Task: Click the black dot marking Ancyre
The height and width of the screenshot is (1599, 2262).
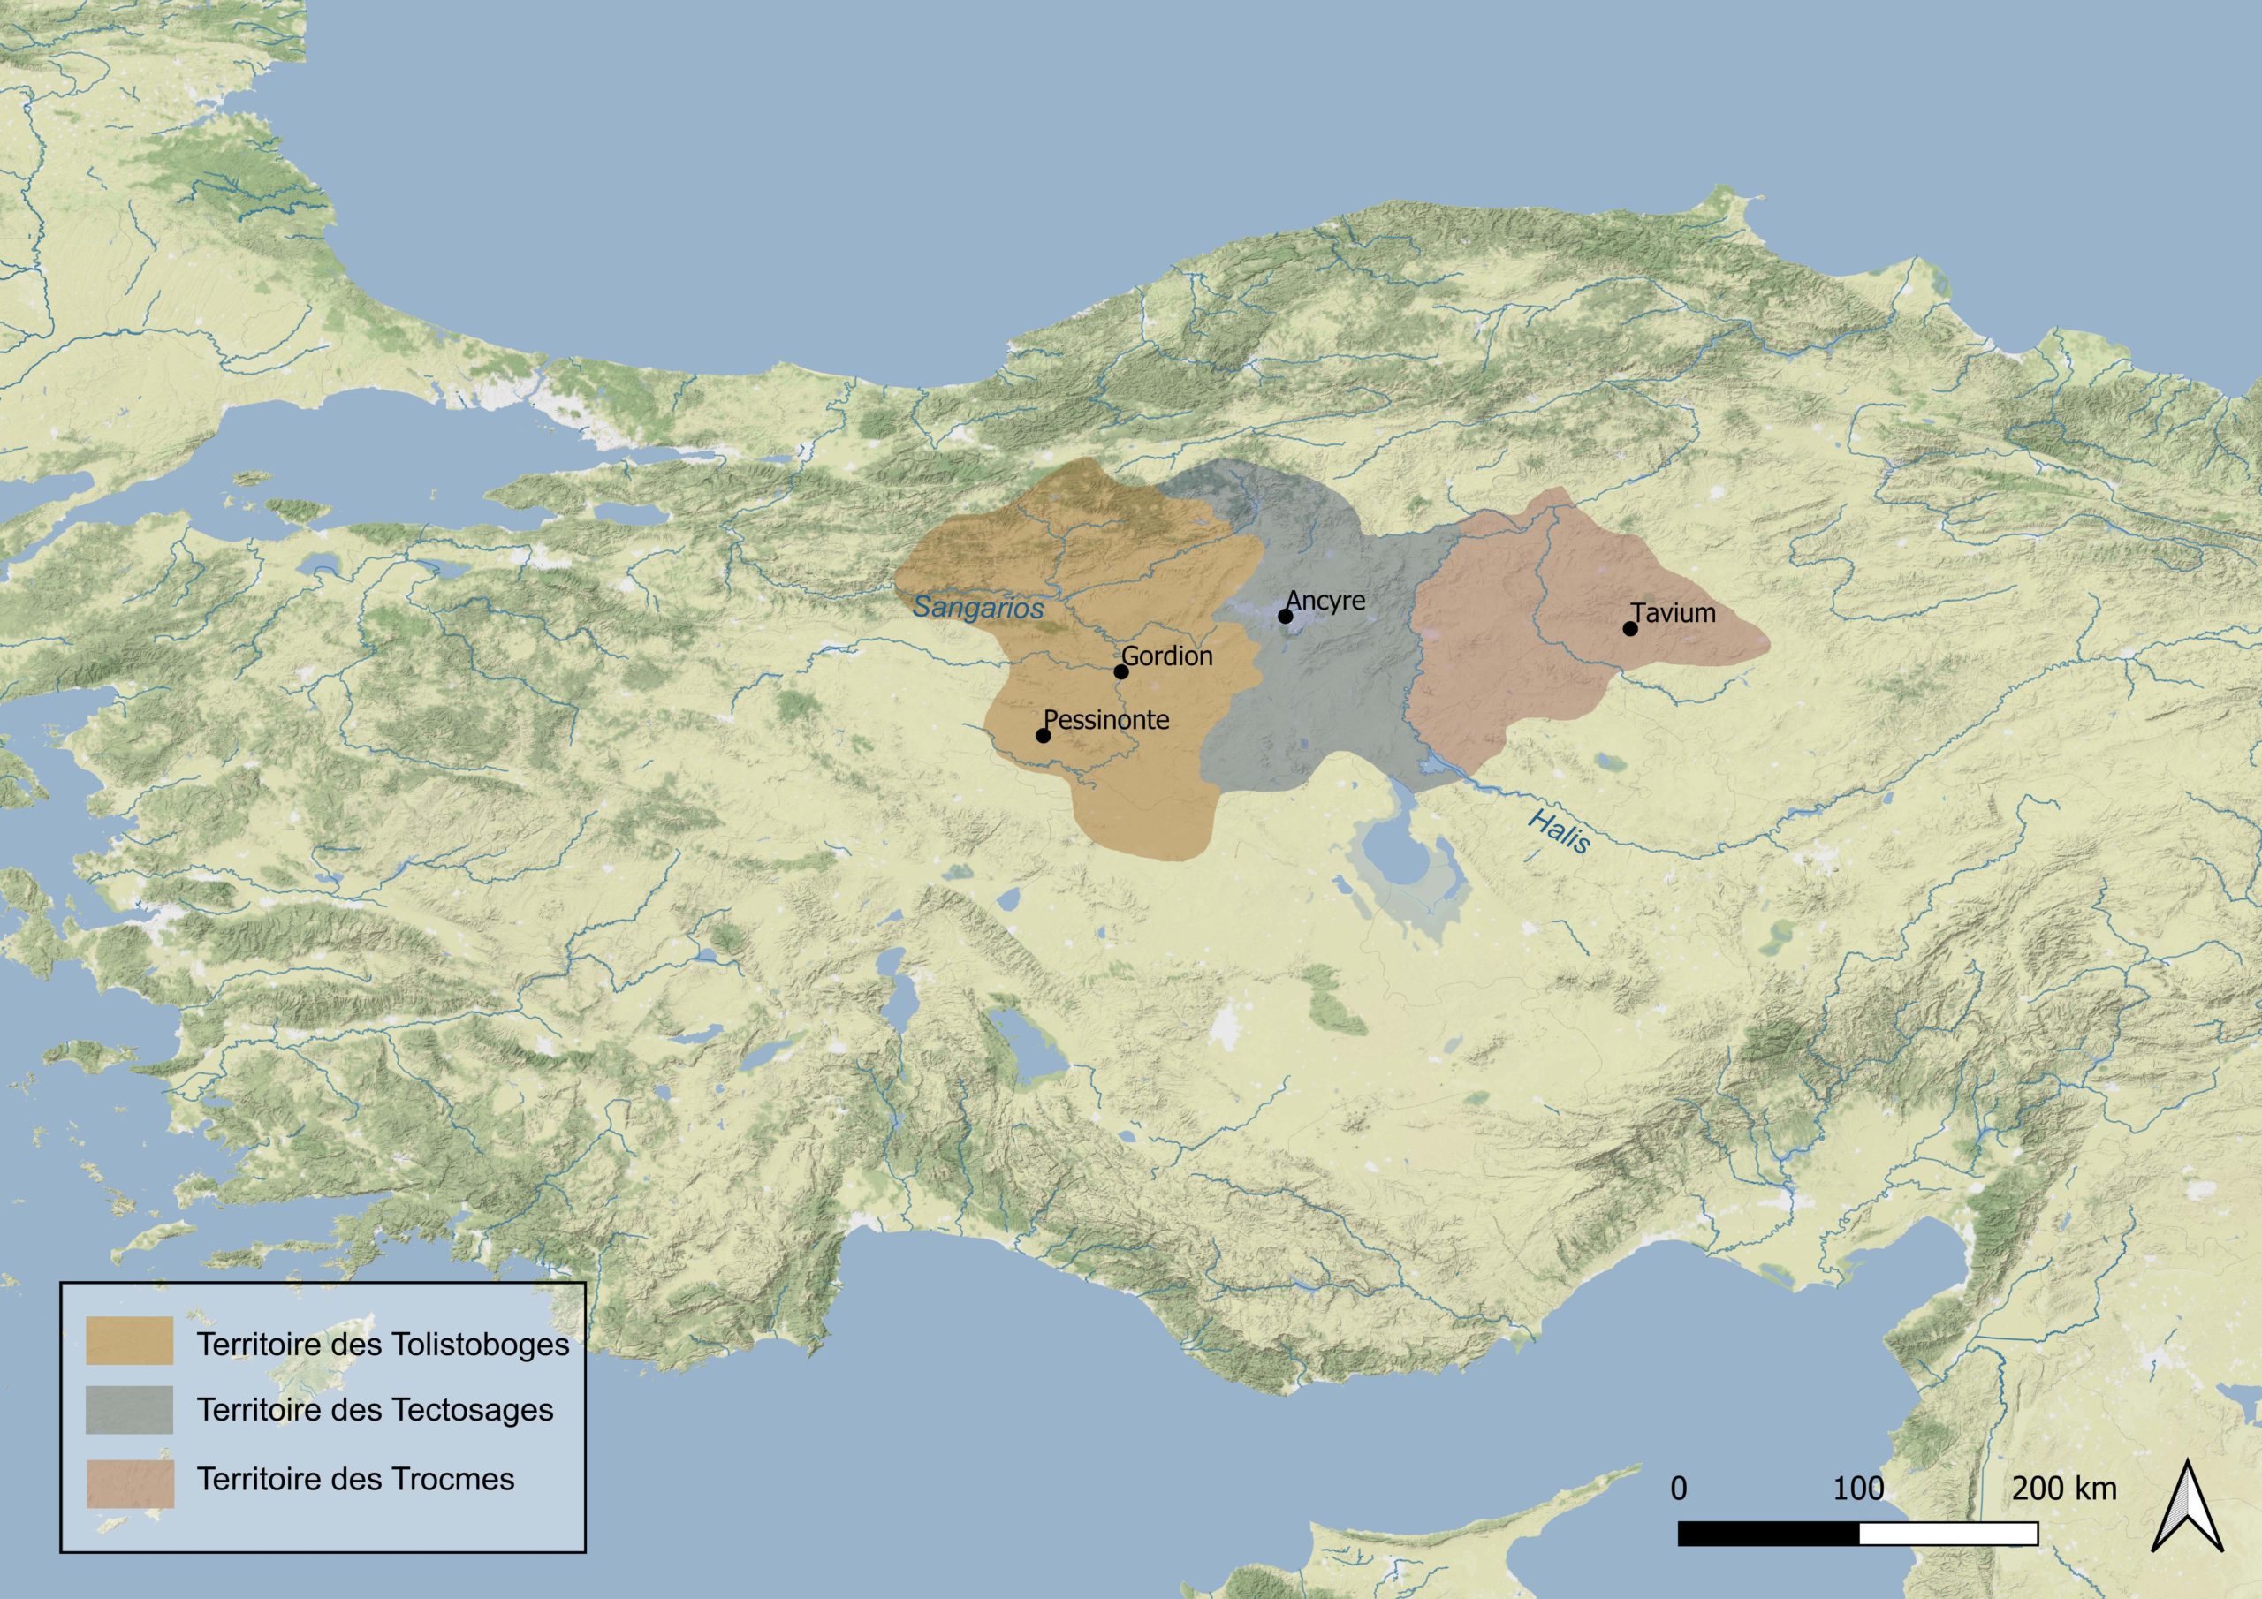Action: pyautogui.click(x=1285, y=616)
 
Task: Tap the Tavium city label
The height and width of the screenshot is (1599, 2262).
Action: pyautogui.click(x=1673, y=613)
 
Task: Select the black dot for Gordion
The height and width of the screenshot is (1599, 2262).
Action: pyautogui.click(x=1120, y=672)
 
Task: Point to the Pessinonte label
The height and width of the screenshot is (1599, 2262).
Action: pyautogui.click(x=1106, y=719)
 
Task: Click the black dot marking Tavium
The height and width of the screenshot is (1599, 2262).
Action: pyautogui.click(x=1629, y=629)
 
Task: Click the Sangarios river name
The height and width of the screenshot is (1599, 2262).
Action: pyautogui.click(x=977, y=608)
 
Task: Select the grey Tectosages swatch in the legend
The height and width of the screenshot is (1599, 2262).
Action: pyautogui.click(x=129, y=1410)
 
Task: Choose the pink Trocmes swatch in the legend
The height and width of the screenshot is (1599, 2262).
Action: pyautogui.click(x=129, y=1479)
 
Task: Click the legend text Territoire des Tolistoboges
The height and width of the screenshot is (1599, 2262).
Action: pyautogui.click(x=383, y=1345)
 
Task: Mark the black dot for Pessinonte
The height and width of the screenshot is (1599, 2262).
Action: pyautogui.click(x=1044, y=735)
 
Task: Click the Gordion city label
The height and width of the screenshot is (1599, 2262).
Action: pyautogui.click(x=1167, y=656)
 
